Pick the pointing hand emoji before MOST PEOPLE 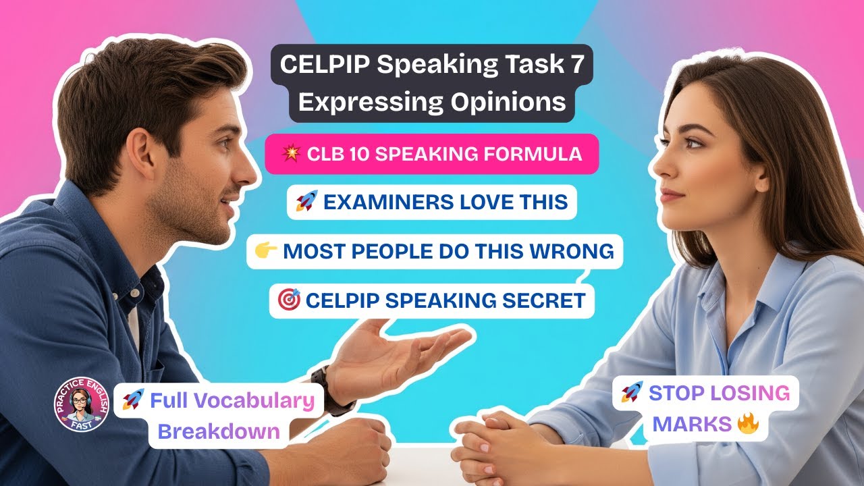coord(267,251)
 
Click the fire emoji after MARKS coord(749,424)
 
